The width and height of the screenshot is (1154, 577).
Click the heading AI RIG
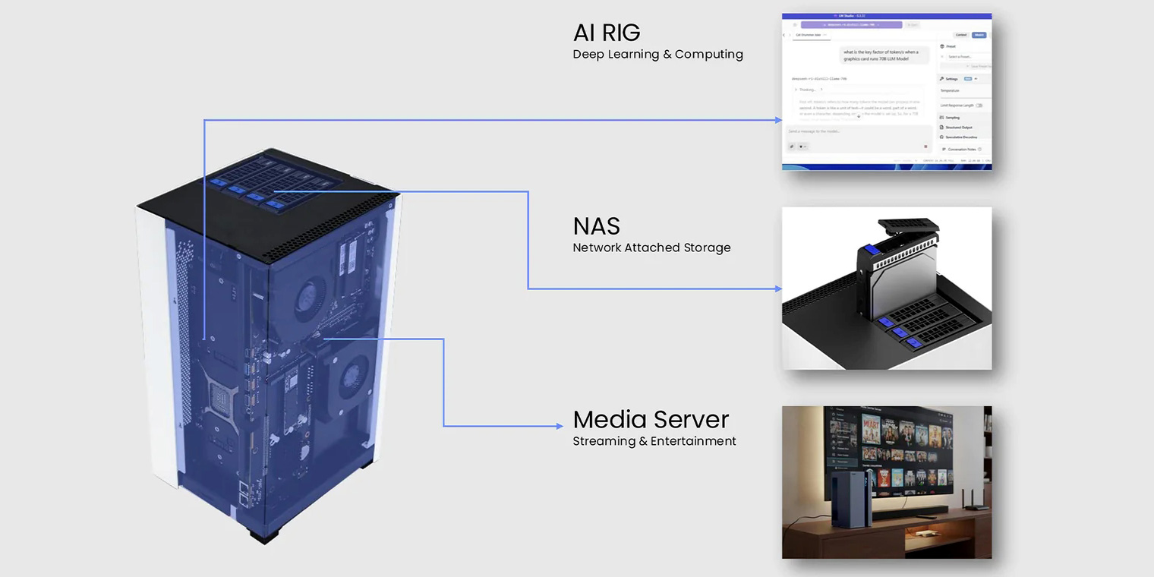[x=607, y=33]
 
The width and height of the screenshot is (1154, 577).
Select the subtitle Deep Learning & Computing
[x=657, y=55]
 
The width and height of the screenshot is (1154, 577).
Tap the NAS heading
[x=596, y=226]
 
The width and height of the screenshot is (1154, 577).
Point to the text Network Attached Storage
[x=651, y=248]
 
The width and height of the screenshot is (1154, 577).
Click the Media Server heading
[x=651, y=420]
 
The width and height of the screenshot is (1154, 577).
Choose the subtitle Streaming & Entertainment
[x=654, y=441]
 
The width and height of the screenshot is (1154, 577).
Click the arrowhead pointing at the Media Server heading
[x=560, y=426]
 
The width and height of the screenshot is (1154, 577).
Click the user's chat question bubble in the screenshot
[x=881, y=55]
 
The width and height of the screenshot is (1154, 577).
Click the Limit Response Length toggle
[x=979, y=106]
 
